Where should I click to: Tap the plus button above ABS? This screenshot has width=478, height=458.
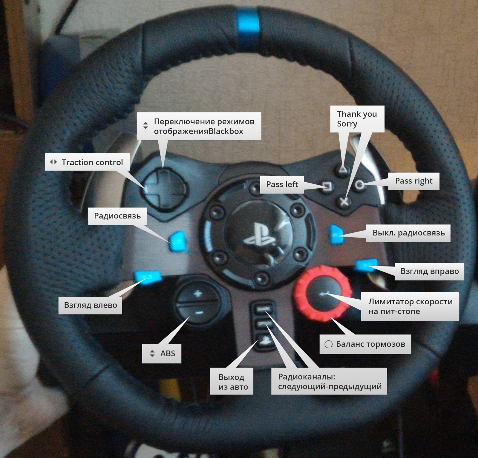(x=197, y=294)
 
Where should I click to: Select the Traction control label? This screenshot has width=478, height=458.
(x=88, y=162)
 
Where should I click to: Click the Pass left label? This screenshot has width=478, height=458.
(x=282, y=184)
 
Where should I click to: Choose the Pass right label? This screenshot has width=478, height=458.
(x=413, y=181)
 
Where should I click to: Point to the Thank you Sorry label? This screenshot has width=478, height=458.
(x=357, y=119)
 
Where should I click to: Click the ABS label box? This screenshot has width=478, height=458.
(x=162, y=354)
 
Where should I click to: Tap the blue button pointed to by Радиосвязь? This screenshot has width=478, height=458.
(x=178, y=241)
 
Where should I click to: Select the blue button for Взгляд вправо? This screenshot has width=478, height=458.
(x=366, y=264)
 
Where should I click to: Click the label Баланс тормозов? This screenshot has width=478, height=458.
(x=365, y=344)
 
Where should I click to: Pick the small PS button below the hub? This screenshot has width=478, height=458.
(x=264, y=340)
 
